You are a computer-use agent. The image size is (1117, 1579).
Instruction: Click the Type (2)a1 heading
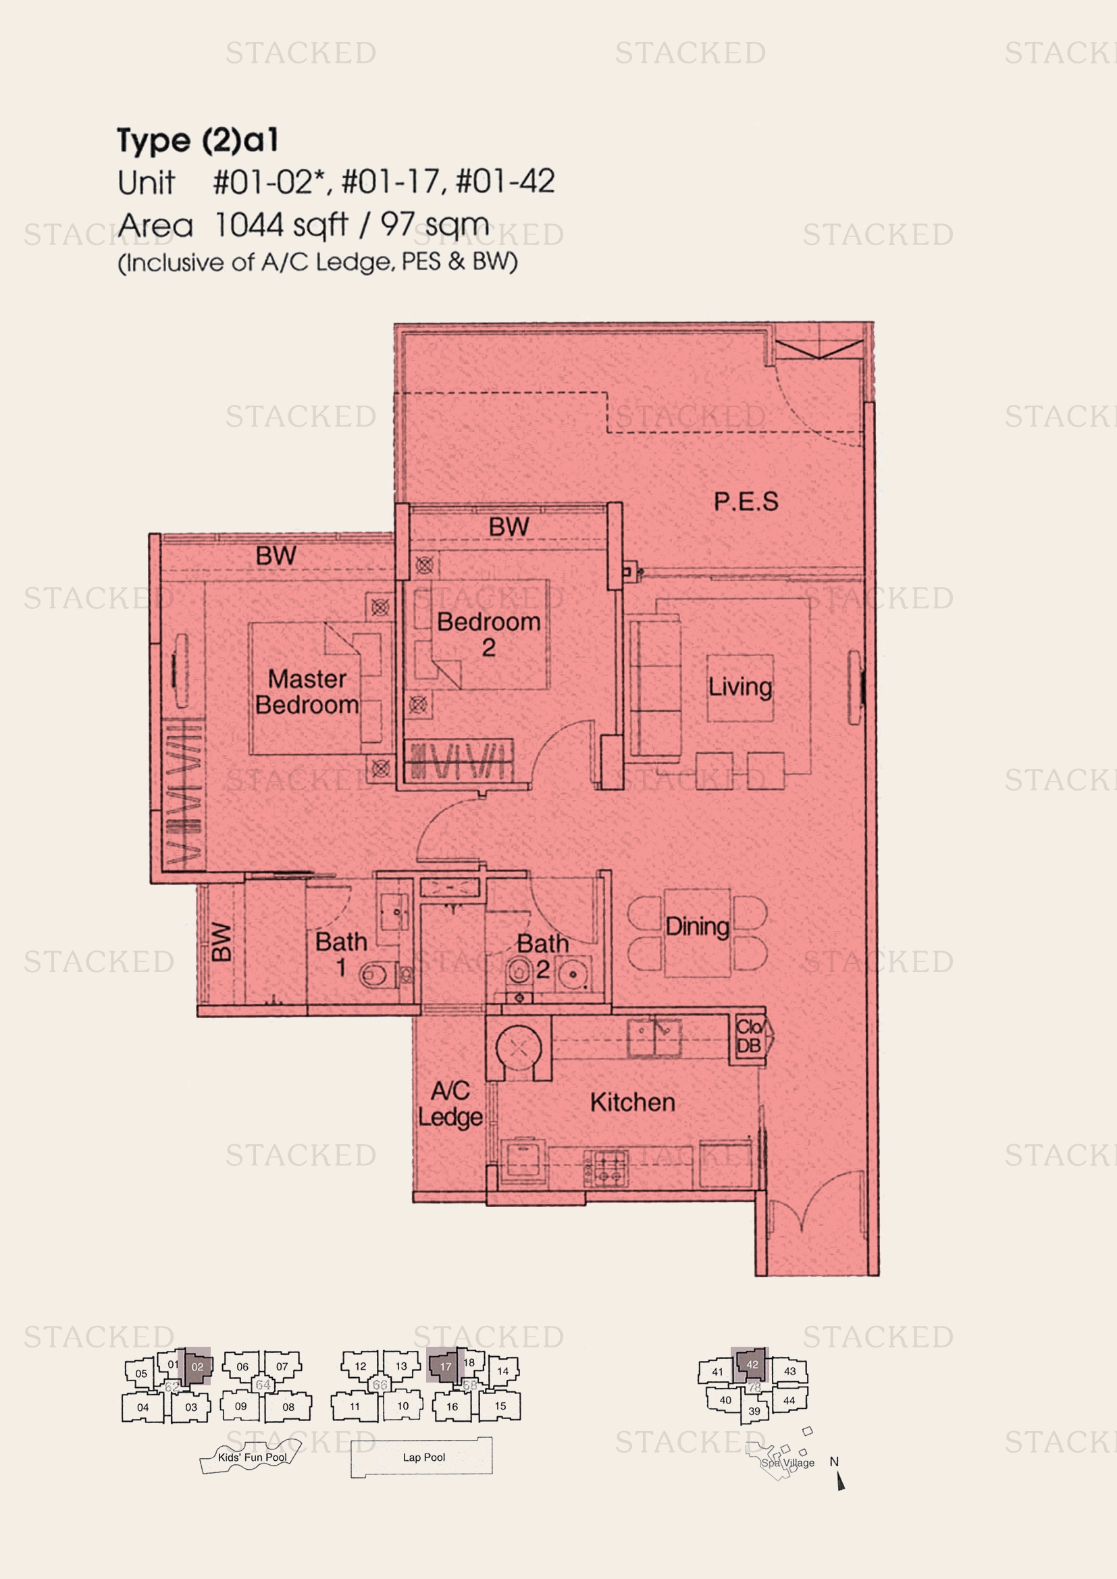197,140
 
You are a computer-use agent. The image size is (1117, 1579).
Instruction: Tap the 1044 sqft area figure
281,225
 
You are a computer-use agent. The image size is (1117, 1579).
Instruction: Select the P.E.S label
746,502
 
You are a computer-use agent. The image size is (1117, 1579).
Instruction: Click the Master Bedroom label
307,692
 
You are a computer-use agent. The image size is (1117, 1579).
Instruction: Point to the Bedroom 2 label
488,633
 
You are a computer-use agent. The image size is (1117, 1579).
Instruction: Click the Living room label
740,687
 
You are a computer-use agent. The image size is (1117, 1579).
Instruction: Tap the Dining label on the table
697,926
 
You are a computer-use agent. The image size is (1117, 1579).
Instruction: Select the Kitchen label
632,1102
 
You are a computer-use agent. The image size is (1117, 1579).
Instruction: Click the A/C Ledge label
450,1104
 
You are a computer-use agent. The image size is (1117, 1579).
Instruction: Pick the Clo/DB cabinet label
748,1036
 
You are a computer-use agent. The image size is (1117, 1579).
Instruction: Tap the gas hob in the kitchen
606,1169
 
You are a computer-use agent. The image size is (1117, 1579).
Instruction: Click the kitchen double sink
654,1037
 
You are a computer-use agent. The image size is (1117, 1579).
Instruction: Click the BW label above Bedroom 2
509,527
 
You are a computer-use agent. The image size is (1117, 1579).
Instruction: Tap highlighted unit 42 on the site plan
751,1364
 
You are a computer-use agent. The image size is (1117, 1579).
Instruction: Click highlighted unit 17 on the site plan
445,1366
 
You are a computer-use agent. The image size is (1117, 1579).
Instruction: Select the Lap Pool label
423,1457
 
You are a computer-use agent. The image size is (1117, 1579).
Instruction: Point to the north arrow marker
840,1481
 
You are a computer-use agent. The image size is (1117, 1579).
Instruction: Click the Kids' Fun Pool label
253,1457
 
